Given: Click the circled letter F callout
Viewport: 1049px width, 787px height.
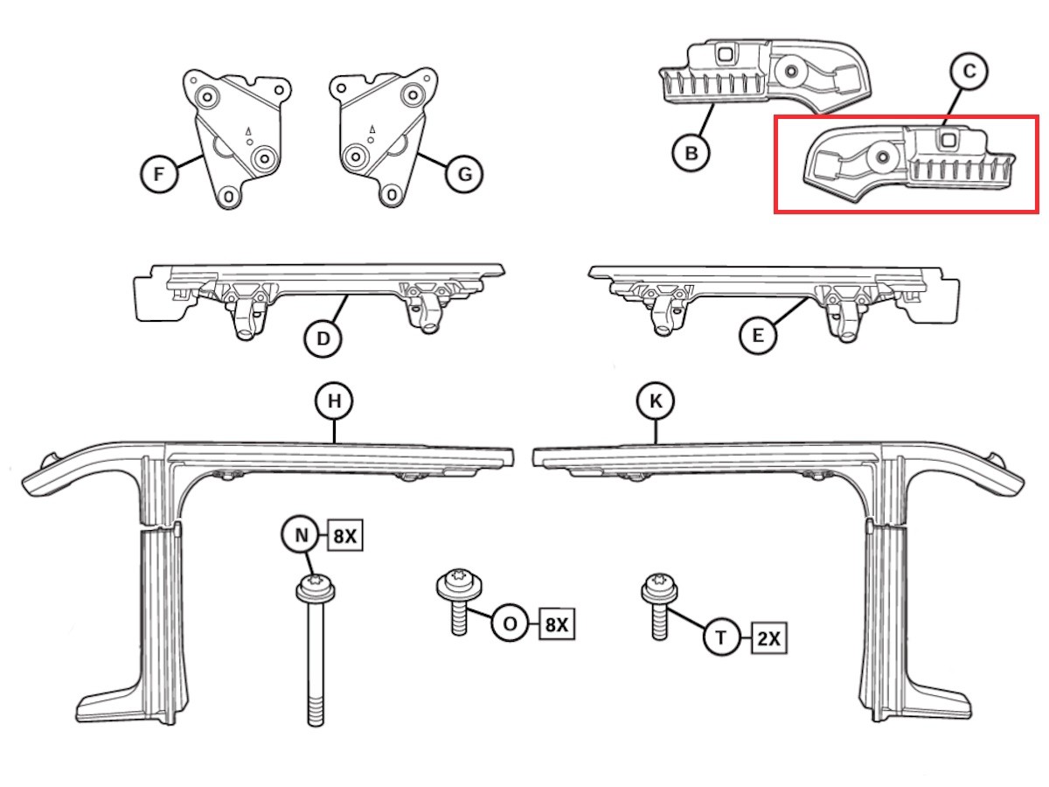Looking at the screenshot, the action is click(159, 174).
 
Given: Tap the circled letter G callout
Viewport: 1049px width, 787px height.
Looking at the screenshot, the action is click(463, 174).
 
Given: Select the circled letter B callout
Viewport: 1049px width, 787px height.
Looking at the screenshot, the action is click(691, 153).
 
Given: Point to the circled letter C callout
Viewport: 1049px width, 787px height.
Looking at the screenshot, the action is click(969, 71).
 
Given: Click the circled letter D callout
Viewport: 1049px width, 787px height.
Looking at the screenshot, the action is click(323, 338).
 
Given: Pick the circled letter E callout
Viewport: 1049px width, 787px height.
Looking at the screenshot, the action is click(758, 336).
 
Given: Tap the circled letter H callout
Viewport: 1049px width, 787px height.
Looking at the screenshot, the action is click(334, 400).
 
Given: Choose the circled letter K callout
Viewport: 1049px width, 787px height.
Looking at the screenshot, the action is click(656, 400).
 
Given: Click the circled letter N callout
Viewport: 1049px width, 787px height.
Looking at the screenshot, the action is click(300, 535).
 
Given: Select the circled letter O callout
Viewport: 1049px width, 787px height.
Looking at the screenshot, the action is click(510, 623).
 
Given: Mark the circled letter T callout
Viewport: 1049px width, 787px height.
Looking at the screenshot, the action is click(721, 637).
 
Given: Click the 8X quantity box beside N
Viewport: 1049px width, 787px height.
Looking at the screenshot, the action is click(345, 536).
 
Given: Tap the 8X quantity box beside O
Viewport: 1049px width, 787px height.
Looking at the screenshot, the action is click(557, 624).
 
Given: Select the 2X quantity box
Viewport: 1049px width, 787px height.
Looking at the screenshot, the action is click(769, 638).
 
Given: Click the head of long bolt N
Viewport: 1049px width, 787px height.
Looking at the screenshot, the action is click(316, 589).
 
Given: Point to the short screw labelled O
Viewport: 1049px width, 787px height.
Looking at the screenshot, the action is click(459, 602).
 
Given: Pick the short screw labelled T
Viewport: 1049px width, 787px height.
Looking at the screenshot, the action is click(659, 606).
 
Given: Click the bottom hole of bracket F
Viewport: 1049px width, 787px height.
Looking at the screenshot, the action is click(229, 197).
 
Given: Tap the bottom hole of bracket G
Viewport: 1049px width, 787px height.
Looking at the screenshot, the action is click(392, 195).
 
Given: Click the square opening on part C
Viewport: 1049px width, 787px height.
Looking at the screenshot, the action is click(948, 140).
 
